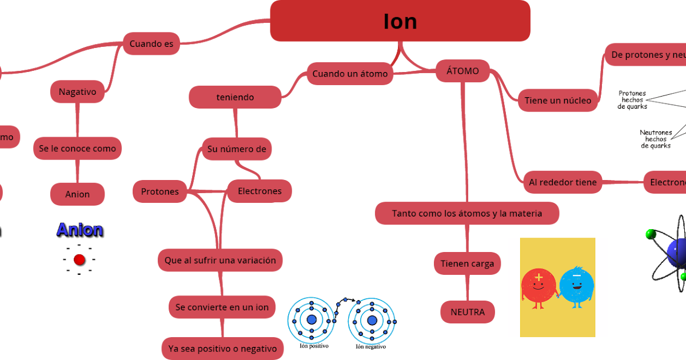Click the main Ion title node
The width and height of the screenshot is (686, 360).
[400, 21]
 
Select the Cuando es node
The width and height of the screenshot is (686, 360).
[151, 43]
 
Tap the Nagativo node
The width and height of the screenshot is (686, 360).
[77, 91]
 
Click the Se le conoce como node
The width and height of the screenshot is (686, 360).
[77, 149]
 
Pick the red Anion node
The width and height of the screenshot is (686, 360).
[77, 194]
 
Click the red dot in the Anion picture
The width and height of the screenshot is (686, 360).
[79, 260]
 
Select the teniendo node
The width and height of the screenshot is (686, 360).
[235, 97]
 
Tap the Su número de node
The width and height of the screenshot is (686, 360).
[237, 149]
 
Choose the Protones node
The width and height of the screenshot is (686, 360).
[160, 191]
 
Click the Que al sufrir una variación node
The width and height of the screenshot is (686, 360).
[220, 260]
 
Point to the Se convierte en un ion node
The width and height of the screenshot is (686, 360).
[222, 307]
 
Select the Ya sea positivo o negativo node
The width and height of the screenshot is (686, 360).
[222, 348]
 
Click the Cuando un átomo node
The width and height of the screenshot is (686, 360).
[350, 74]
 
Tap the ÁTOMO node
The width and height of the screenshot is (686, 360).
[462, 71]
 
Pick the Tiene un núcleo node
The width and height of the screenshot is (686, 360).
[558, 101]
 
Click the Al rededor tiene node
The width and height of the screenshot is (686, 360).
[563, 182]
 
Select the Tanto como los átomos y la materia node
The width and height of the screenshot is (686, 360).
[467, 213]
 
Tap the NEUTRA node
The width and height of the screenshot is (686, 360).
[468, 312]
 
